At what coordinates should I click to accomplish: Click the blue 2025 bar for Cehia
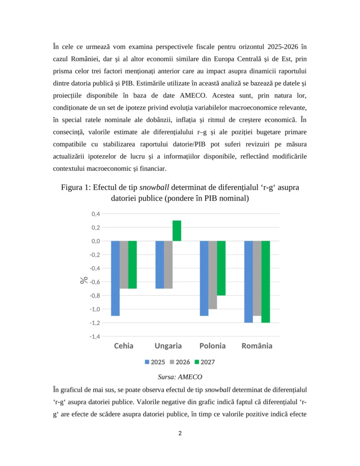click(x=115, y=278)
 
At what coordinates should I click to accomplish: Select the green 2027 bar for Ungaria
click(x=177, y=231)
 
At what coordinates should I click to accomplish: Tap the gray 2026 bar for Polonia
click(x=213, y=275)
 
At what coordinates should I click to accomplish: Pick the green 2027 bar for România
click(x=266, y=282)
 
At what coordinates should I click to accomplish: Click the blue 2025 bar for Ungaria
click(x=160, y=264)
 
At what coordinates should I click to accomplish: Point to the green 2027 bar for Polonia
click(x=221, y=268)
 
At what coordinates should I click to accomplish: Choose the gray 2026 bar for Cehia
click(x=124, y=264)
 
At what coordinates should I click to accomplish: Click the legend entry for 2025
click(x=155, y=362)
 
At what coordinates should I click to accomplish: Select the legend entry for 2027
click(x=204, y=362)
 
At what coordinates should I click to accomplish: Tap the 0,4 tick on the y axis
click(x=96, y=214)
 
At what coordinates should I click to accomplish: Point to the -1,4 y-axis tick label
click(x=94, y=336)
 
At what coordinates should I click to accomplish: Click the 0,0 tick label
click(x=96, y=241)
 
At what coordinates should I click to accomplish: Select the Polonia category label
click(x=212, y=346)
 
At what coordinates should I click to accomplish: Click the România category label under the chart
click(x=257, y=346)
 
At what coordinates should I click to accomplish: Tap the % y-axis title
click(x=84, y=280)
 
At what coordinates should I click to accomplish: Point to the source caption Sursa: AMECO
click(x=180, y=377)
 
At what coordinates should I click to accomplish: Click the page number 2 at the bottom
click(x=180, y=433)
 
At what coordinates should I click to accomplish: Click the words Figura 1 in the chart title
click(x=75, y=187)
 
